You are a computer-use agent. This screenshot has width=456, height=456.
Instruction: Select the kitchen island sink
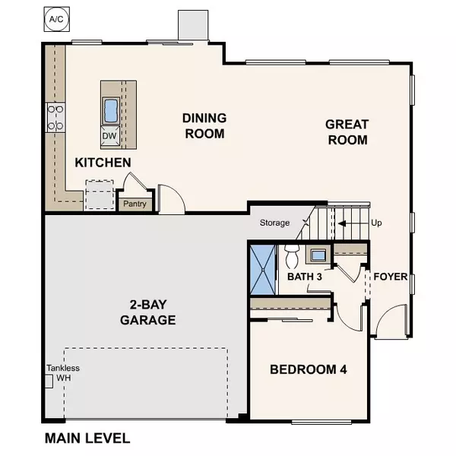click(x=111, y=110)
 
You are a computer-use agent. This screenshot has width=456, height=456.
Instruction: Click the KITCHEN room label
click(x=103, y=163)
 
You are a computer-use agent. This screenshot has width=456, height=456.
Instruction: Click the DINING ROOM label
click(x=204, y=125)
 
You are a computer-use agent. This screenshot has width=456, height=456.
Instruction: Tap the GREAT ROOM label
click(x=347, y=131)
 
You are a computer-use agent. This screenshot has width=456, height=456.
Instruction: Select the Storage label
click(x=274, y=223)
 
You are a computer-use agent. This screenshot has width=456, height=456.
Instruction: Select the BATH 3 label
click(x=305, y=277)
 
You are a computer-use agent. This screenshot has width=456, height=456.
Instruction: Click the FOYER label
click(x=390, y=277)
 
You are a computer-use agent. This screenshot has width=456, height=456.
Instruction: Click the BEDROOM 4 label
click(x=309, y=370)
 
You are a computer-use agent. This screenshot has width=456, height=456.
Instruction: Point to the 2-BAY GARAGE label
click(x=147, y=312)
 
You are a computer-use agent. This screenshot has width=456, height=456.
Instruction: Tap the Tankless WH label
click(x=62, y=373)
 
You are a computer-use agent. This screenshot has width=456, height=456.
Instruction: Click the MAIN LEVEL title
click(x=87, y=439)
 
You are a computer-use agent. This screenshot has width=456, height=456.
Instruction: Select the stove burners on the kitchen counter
click(x=55, y=118)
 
